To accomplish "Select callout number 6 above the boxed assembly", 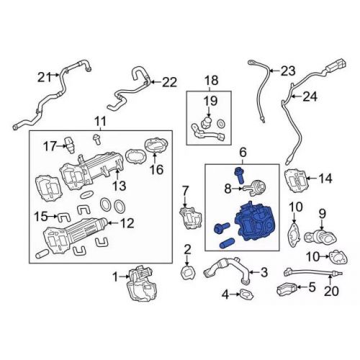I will coord(243,152).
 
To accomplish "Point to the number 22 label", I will coord(168,82).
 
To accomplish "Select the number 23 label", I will coord(288,71).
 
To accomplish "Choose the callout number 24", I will coord(310,96).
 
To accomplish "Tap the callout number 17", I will coord(49,145).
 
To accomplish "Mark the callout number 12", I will coord(127,224).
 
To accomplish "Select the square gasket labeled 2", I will coord(186,273).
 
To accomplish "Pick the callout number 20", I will coord(330,292).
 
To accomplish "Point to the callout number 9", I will coord(323,212).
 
